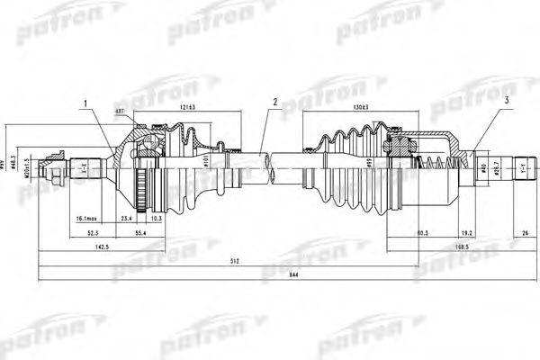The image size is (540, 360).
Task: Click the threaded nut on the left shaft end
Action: [64, 166]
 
